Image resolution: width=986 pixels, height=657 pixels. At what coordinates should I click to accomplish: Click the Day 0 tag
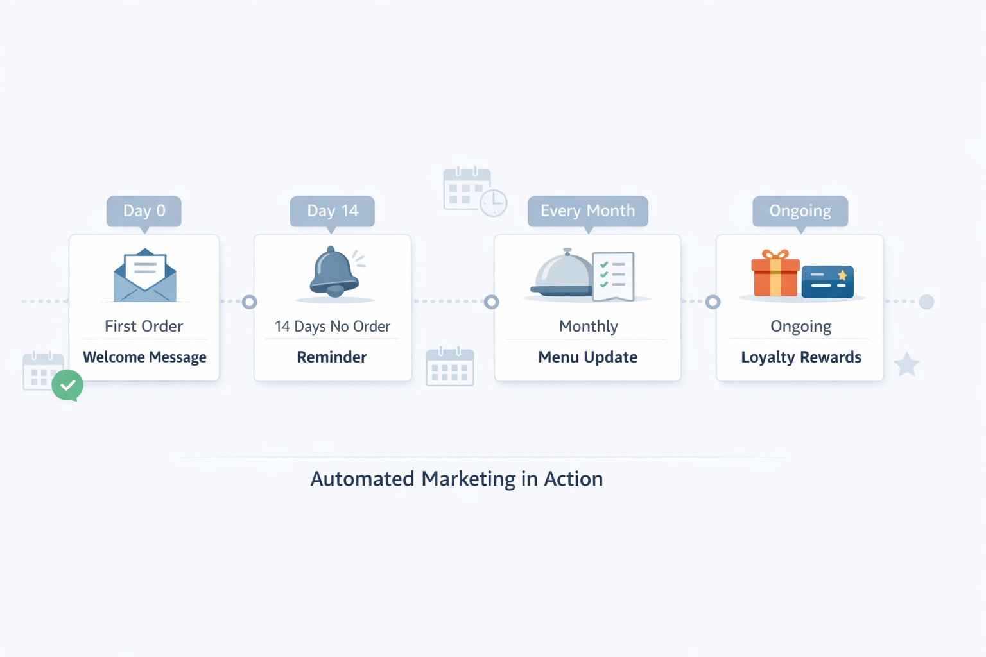click(144, 211)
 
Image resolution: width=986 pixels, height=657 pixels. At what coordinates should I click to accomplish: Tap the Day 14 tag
click(333, 211)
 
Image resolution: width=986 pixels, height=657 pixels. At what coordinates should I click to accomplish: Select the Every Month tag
click(587, 211)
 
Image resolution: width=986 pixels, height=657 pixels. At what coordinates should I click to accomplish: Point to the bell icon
click(333, 272)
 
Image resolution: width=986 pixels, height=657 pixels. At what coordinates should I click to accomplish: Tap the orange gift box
click(775, 275)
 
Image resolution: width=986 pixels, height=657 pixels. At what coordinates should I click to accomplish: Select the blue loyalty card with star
click(827, 282)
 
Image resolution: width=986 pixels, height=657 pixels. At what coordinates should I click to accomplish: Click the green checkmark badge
click(67, 385)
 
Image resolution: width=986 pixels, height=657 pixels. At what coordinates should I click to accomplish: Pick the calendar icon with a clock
click(474, 191)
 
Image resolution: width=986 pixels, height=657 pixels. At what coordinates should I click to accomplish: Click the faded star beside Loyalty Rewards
click(906, 364)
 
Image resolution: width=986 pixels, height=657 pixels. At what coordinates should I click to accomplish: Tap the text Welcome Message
click(144, 357)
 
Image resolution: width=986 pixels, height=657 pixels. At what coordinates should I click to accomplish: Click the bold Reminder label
click(332, 357)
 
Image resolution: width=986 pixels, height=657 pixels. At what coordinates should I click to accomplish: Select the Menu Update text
click(587, 357)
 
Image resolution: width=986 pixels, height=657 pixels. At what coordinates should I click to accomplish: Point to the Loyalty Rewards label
click(801, 357)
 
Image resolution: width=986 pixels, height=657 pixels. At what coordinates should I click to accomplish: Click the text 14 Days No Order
click(332, 327)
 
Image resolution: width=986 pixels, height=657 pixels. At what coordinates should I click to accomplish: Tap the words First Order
click(144, 327)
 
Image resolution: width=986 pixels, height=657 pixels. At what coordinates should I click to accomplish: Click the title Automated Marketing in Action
click(456, 479)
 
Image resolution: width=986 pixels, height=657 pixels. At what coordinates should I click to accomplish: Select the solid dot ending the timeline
click(926, 302)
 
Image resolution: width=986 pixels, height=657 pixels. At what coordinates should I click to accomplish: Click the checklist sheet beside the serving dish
click(614, 276)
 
